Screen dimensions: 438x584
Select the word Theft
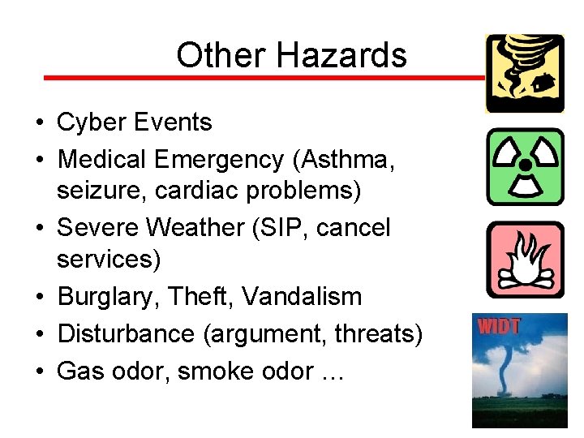(x=201, y=297)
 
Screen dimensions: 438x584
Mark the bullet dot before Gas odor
(x=39, y=371)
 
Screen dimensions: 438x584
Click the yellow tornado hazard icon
(x=524, y=73)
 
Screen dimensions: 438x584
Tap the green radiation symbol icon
(x=524, y=166)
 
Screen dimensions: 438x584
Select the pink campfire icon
(x=524, y=260)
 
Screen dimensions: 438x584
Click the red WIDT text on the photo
(x=499, y=328)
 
